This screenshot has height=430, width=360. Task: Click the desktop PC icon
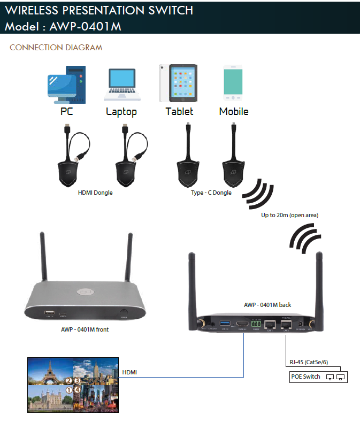pos(66,85)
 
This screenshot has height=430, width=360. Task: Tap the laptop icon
pos(122,85)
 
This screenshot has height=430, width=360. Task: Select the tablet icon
pos(178,83)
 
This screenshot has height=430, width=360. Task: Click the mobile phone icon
pos(234,83)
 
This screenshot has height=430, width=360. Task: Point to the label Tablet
pos(179,112)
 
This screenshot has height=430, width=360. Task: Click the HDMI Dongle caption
pos(95,193)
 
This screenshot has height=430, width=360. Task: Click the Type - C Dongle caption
pos(211,193)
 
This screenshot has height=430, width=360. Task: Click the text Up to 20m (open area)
pos(289,215)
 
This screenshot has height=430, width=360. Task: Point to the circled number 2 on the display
pos(68,381)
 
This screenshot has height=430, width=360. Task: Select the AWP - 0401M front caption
pos(85,329)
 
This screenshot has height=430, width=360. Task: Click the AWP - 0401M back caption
pos(267,305)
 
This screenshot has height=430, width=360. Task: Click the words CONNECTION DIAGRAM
pos(56,48)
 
